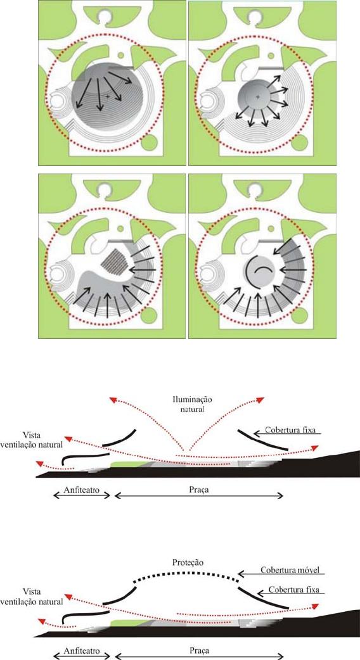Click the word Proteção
(x=188, y=563)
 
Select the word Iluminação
(x=188, y=400)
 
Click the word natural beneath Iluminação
(x=188, y=409)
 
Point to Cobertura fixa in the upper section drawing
(x=293, y=430)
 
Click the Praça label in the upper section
(x=199, y=491)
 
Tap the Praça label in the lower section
(x=199, y=650)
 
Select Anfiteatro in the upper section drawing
(x=82, y=491)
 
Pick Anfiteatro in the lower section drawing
(x=82, y=650)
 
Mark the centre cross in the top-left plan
(x=108, y=96)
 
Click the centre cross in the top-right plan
(x=258, y=97)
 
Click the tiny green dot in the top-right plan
(x=271, y=55)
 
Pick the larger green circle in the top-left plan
(x=150, y=143)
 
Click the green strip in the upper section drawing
(x=130, y=464)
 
